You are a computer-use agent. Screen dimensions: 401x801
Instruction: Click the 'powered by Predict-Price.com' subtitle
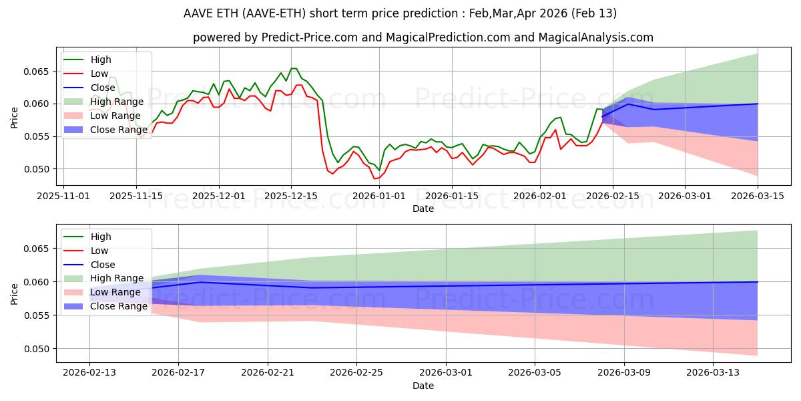tap(423, 37)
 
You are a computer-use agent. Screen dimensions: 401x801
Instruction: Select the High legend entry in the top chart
tap(101, 59)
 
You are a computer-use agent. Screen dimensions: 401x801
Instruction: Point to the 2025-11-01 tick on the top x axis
tap(63, 196)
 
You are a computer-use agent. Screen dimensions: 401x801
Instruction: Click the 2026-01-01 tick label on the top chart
tap(380, 196)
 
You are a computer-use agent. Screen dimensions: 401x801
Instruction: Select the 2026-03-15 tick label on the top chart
tap(758, 196)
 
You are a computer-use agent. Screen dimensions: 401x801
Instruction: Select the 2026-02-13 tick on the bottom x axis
tap(89, 373)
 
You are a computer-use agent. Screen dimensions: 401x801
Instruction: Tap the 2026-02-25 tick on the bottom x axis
tap(356, 373)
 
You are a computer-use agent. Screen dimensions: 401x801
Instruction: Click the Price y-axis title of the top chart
tap(15, 117)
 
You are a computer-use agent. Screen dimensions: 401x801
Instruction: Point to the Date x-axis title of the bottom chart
tap(423, 386)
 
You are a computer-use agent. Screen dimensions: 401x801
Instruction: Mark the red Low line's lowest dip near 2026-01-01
tap(375, 178)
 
